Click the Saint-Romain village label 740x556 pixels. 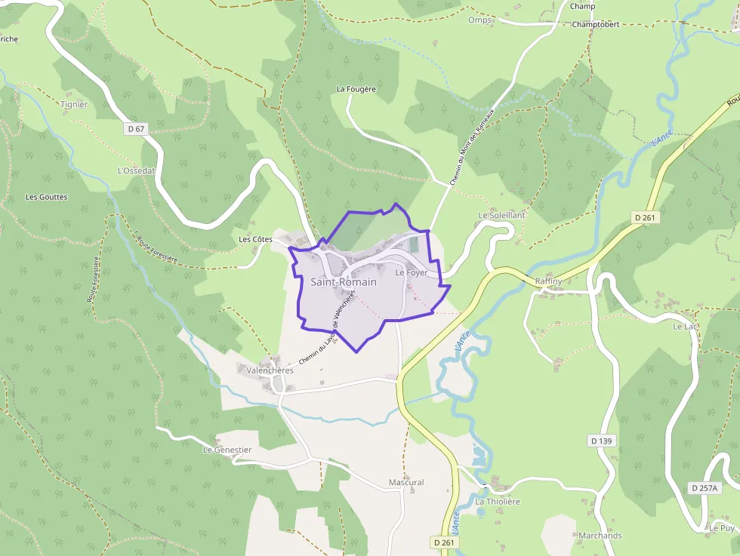pos(344,282)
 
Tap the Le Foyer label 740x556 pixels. pos(412,272)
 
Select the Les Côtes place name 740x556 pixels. pos(255,239)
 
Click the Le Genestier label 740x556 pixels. pos(227,450)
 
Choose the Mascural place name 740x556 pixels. pos(406,482)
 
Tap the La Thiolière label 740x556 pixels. pos(498,502)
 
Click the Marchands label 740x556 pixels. pos(600,536)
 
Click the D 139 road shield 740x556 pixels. pos(602,441)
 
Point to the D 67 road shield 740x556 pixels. pos(136,129)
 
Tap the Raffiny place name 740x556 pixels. pos(548,281)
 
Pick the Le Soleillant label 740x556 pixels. pos(501,215)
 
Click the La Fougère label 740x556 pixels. pos(356,89)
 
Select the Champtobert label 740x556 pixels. pos(596,24)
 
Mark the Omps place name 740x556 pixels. pos(479,20)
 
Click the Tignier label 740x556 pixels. pos(74,105)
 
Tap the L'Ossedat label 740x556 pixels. pos(136,170)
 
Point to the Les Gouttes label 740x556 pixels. pos(47,197)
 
